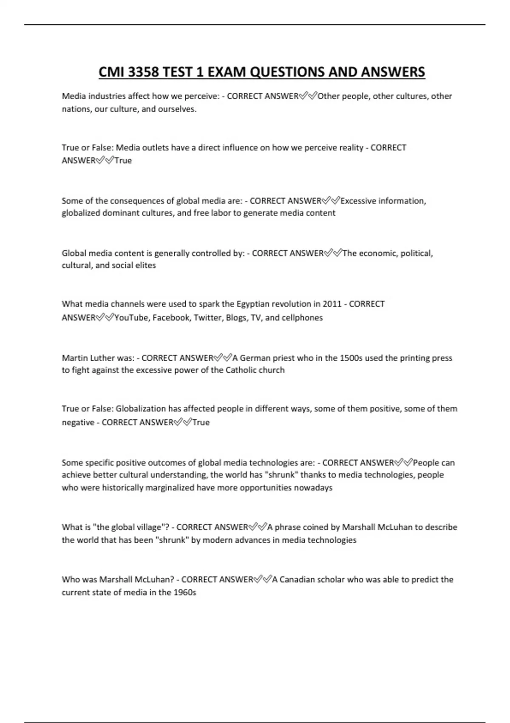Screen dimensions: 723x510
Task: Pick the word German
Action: click(x=255, y=358)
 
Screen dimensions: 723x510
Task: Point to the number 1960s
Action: click(x=184, y=592)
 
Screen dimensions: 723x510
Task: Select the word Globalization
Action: click(x=141, y=409)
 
